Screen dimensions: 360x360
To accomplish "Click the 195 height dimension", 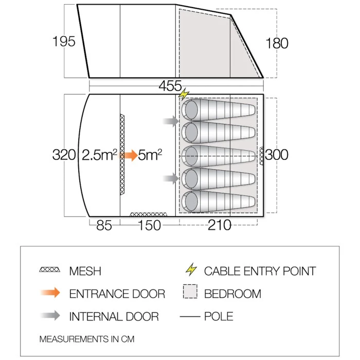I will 64,42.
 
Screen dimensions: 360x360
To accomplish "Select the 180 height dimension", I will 277,43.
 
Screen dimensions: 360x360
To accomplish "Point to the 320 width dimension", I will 64,155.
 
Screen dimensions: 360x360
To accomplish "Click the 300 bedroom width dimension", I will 277,155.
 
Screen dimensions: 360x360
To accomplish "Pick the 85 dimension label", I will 104,226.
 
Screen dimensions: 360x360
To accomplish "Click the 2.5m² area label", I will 99,155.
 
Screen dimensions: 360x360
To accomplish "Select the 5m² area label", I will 150,155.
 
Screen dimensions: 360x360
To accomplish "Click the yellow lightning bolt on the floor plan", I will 184,94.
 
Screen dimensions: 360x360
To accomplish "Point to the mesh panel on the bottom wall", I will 149,214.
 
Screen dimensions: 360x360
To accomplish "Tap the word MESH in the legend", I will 85,271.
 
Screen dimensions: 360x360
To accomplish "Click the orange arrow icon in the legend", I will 50,293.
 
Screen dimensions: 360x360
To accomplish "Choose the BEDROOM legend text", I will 232,294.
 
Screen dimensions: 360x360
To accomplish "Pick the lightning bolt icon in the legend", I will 191,269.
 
